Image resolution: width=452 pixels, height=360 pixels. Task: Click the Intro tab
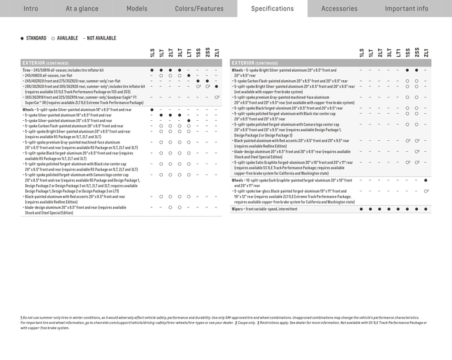coord(30,8)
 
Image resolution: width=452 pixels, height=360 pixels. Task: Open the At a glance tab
coord(81,8)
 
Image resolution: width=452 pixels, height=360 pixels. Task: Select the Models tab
coord(137,8)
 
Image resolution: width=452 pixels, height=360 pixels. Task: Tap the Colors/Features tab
coord(199,8)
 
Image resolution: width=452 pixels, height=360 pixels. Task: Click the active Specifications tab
coord(272,8)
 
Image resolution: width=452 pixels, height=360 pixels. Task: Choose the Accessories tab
coord(339,8)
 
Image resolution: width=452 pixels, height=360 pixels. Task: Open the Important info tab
coord(406,8)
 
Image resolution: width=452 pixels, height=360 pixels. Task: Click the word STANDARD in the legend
coord(36,38)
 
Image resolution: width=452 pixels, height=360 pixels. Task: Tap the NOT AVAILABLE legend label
coord(101,38)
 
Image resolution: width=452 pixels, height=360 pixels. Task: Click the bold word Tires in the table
coord(26,69)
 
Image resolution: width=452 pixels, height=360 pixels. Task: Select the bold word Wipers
coord(238,209)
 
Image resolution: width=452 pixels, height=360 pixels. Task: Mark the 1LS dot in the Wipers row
coord(362,209)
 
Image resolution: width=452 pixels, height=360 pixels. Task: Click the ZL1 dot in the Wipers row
coord(426,209)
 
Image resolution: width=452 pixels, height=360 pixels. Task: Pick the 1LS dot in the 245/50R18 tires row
coord(152,69)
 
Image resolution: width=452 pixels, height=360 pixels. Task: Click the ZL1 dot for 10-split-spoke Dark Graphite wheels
coord(426,180)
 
